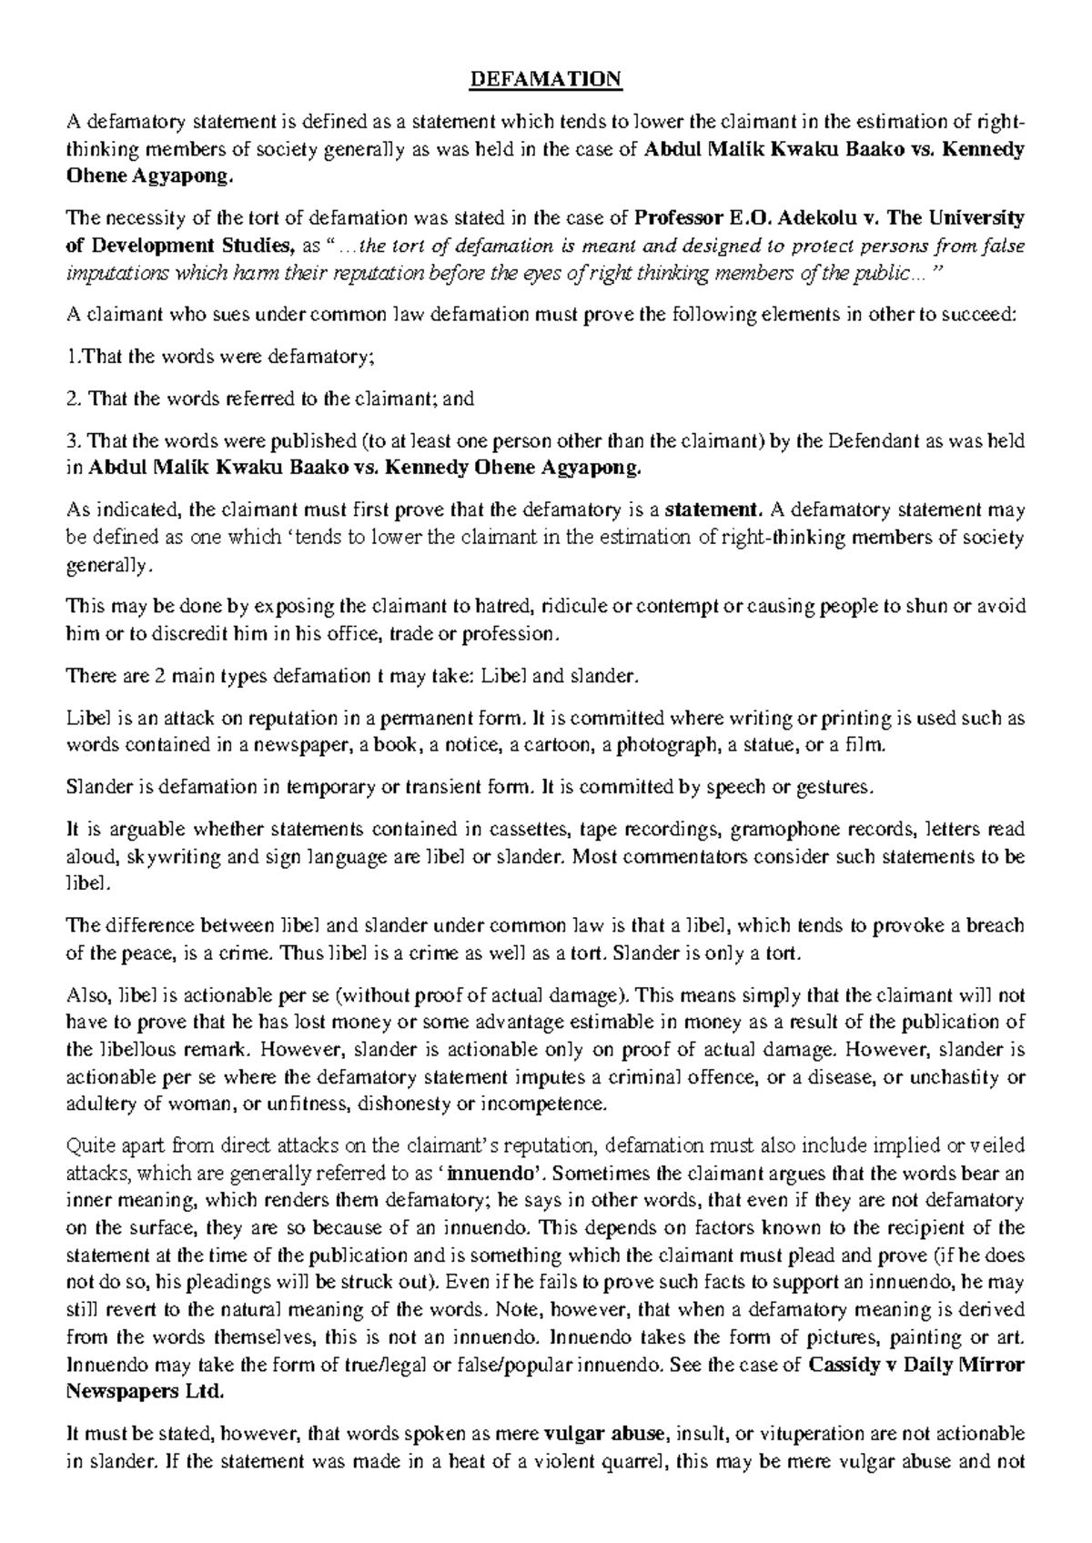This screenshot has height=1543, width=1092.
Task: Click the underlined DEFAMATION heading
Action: [x=545, y=81]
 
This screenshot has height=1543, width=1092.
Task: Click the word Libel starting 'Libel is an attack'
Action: [x=87, y=719]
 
